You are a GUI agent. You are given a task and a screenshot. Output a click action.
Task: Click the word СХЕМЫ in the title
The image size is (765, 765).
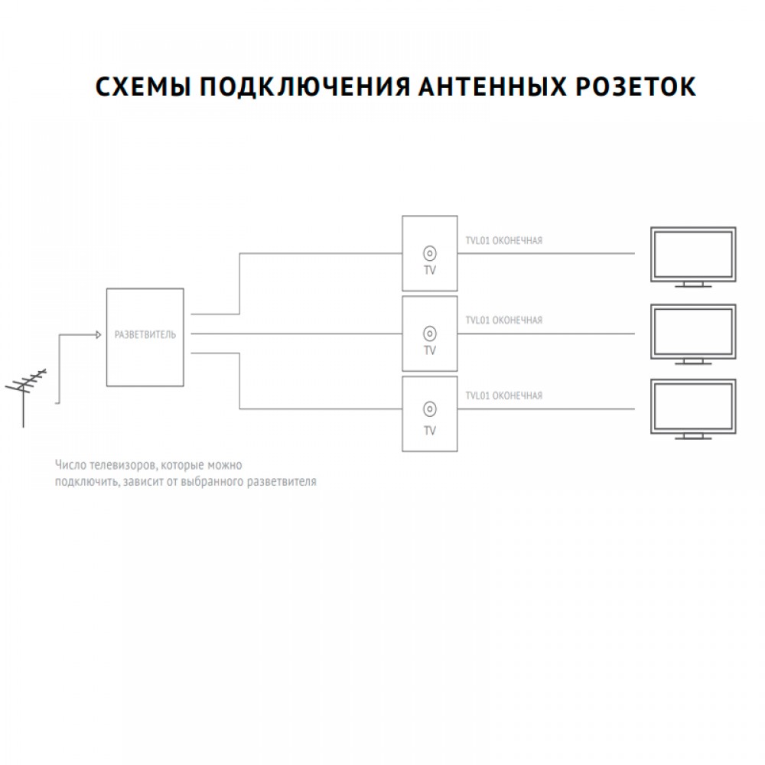[x=142, y=87]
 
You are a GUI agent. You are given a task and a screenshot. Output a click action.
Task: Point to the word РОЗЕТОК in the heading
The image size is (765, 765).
[x=636, y=87]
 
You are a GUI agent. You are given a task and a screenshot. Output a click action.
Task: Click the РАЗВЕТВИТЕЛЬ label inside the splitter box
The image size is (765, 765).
[x=145, y=335]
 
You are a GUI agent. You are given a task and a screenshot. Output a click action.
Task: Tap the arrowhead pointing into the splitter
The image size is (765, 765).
[x=98, y=335]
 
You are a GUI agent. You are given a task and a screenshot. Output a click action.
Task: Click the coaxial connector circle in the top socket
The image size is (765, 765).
[x=430, y=254]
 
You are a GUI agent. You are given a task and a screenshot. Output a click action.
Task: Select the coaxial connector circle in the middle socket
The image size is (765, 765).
[x=430, y=334]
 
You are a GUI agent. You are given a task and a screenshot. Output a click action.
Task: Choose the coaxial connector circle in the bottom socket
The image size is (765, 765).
[x=430, y=409]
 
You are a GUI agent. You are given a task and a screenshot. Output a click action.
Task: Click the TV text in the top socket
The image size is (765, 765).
[x=430, y=270]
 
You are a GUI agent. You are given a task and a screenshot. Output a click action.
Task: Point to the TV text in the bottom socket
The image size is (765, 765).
[x=430, y=431]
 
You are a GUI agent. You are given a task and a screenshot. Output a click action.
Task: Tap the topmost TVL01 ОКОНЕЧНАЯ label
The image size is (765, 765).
[x=504, y=240]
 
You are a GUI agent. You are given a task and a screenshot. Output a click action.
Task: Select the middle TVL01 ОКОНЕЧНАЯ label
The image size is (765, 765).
[x=504, y=320]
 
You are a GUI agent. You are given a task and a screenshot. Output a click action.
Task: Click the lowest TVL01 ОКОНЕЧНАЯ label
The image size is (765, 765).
[x=504, y=396]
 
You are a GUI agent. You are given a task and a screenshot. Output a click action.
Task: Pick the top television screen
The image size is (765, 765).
[x=693, y=254]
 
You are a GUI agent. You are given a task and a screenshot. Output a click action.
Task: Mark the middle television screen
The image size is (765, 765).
[x=693, y=332]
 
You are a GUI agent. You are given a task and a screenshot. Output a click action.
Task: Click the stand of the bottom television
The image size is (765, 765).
[x=693, y=436]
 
